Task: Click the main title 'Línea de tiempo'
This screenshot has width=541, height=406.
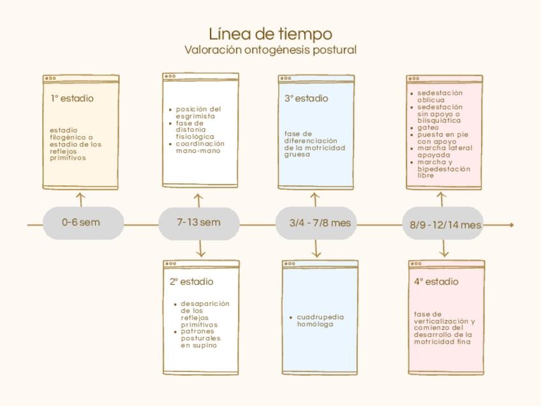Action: [x=270, y=33]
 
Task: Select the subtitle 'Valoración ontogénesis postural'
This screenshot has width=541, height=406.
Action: [x=270, y=50]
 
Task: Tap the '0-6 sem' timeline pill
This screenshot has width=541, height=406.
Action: [x=81, y=223]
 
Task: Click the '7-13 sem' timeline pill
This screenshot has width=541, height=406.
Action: [x=198, y=223]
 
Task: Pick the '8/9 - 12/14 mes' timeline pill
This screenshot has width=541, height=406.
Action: [x=445, y=225]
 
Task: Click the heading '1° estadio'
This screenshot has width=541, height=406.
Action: [x=72, y=99]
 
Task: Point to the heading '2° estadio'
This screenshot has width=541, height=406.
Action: [x=191, y=282]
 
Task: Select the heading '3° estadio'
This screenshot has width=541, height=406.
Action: [x=306, y=99]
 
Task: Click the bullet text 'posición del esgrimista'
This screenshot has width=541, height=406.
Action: [x=198, y=112]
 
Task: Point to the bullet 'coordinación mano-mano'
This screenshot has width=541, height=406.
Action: [x=200, y=147]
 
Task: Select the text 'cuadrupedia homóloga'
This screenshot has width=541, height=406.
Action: [x=320, y=320]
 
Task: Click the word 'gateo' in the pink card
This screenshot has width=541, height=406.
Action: [x=428, y=128]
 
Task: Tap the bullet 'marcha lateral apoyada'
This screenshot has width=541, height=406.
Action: [x=445, y=151]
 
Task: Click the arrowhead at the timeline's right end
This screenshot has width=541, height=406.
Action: [x=510, y=225]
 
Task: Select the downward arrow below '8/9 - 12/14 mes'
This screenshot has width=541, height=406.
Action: [x=445, y=251]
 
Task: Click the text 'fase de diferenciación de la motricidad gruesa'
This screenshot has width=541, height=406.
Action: [x=315, y=144]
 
